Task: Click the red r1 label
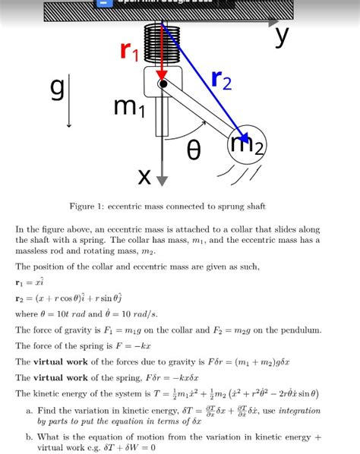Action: [130, 52]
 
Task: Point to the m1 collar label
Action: [125, 108]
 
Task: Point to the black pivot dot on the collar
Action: [163, 84]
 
